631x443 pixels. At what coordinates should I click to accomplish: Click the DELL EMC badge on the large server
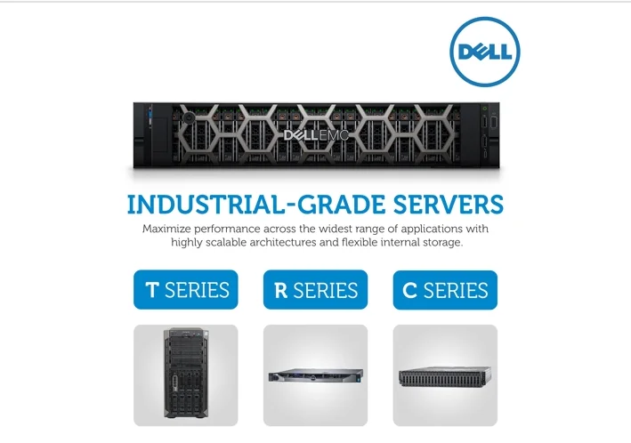316,135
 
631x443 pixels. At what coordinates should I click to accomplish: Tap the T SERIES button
186,290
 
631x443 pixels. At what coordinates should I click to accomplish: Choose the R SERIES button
316,290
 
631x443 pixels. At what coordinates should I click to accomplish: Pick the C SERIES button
445,290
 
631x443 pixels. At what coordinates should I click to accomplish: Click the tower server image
186,375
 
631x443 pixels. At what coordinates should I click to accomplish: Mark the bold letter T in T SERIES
152,290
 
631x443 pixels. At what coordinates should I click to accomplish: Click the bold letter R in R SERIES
281,290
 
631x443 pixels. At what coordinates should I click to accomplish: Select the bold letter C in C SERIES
411,290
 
